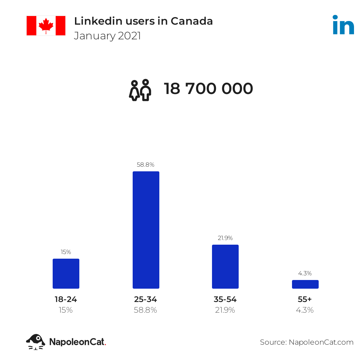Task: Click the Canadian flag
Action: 46,25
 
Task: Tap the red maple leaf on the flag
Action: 46,26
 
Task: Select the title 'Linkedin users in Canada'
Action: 143,21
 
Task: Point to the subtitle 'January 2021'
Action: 107,36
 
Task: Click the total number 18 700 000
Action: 208,89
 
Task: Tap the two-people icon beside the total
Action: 140,90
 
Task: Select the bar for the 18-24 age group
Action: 66,274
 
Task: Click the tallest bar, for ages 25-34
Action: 146,230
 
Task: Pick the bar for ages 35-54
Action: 225,267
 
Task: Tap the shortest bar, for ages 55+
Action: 305,284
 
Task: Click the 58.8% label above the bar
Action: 146,165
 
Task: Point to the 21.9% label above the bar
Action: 225,238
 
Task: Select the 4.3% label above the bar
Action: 305,273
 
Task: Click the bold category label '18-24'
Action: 66,299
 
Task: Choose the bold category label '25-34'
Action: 146,299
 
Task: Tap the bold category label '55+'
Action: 305,299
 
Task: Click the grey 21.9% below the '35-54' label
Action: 225,310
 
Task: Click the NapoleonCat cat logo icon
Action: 36,342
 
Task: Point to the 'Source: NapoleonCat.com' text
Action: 307,342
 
